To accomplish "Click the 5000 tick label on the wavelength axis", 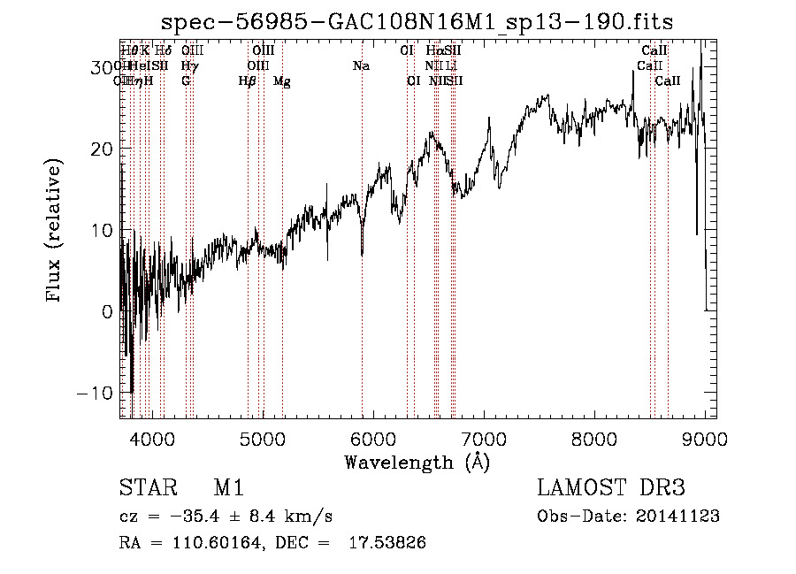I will (262, 440).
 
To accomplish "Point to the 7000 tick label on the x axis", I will (483, 440).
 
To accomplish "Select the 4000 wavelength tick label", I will (151, 440).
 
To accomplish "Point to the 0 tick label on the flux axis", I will (107, 311).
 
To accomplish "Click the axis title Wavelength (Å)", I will (417, 462).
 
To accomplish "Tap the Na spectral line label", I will (361, 66).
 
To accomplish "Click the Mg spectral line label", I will (282, 81).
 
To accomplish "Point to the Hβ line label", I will (248, 81).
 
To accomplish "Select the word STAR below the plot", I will (147, 488).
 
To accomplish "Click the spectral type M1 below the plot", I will (228, 488).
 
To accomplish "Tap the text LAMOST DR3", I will (610, 488).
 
